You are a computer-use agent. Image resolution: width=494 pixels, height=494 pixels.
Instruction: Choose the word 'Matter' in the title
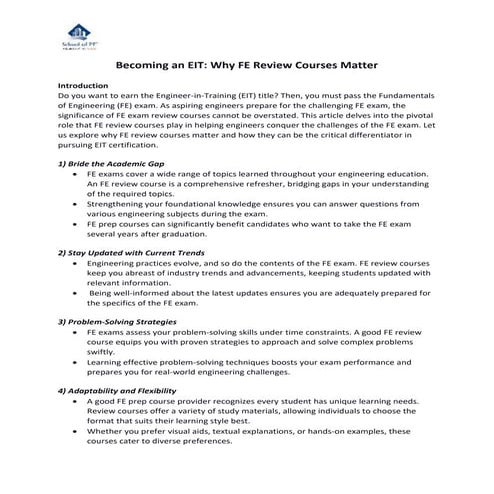click(x=354, y=65)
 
